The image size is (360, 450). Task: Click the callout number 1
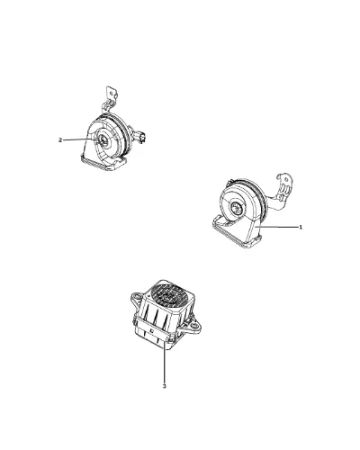pyautogui.click(x=301, y=227)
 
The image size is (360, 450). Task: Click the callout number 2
pyautogui.click(x=60, y=139)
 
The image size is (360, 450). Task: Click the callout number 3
pyautogui.click(x=164, y=386)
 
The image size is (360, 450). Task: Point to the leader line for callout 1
pyautogui.click(x=278, y=227)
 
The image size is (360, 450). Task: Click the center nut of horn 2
pyautogui.click(x=103, y=140)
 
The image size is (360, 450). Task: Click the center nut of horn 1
pyautogui.click(x=236, y=207)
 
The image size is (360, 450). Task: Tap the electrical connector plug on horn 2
pyautogui.click(x=141, y=137)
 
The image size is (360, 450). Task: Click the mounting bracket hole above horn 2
pyautogui.click(x=112, y=93)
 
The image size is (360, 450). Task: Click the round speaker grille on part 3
pyautogui.click(x=168, y=295)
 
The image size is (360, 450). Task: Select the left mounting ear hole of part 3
pyautogui.click(x=137, y=297)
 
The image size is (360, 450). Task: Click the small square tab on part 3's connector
pyautogui.click(x=152, y=331)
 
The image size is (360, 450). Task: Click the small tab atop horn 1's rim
pyautogui.click(x=229, y=182)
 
